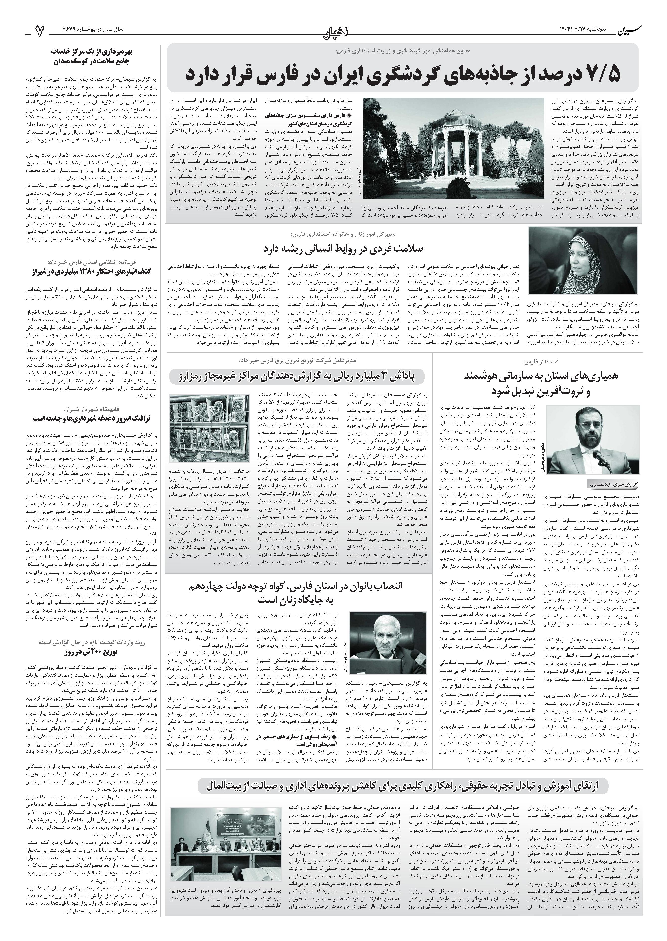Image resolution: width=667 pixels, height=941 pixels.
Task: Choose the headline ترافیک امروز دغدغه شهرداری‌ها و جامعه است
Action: pyautogui.click(x=92, y=418)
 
